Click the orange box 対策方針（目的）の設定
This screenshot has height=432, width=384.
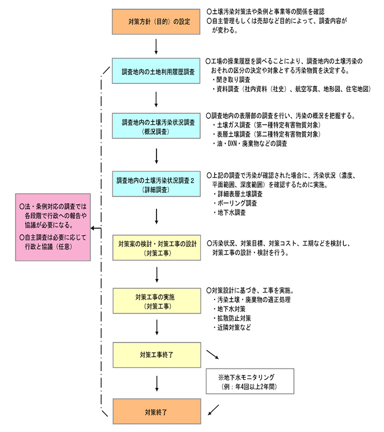(x=156, y=22)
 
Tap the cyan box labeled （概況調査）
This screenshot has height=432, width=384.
(x=156, y=127)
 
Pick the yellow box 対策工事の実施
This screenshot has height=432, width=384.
(x=156, y=301)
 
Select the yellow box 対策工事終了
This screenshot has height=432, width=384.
(x=156, y=355)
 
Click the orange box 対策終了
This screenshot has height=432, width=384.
(x=156, y=412)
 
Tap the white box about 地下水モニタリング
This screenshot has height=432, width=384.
(x=249, y=381)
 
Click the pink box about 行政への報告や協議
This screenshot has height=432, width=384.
(x=53, y=228)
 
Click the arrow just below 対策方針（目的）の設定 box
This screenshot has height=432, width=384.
(x=156, y=46)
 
